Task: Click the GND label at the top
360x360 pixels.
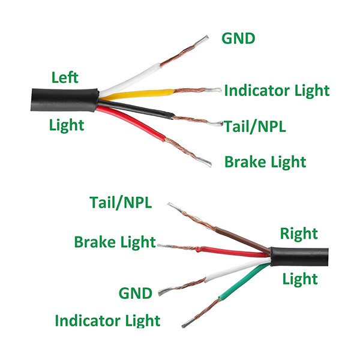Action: (238, 39)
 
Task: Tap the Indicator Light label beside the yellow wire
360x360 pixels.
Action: (277, 91)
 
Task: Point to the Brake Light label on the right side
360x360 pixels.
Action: (265, 161)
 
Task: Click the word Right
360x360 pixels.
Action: (299, 233)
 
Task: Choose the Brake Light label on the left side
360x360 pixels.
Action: (115, 242)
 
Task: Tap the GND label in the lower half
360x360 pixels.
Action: (136, 293)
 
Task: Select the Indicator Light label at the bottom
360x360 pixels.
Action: (107, 320)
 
